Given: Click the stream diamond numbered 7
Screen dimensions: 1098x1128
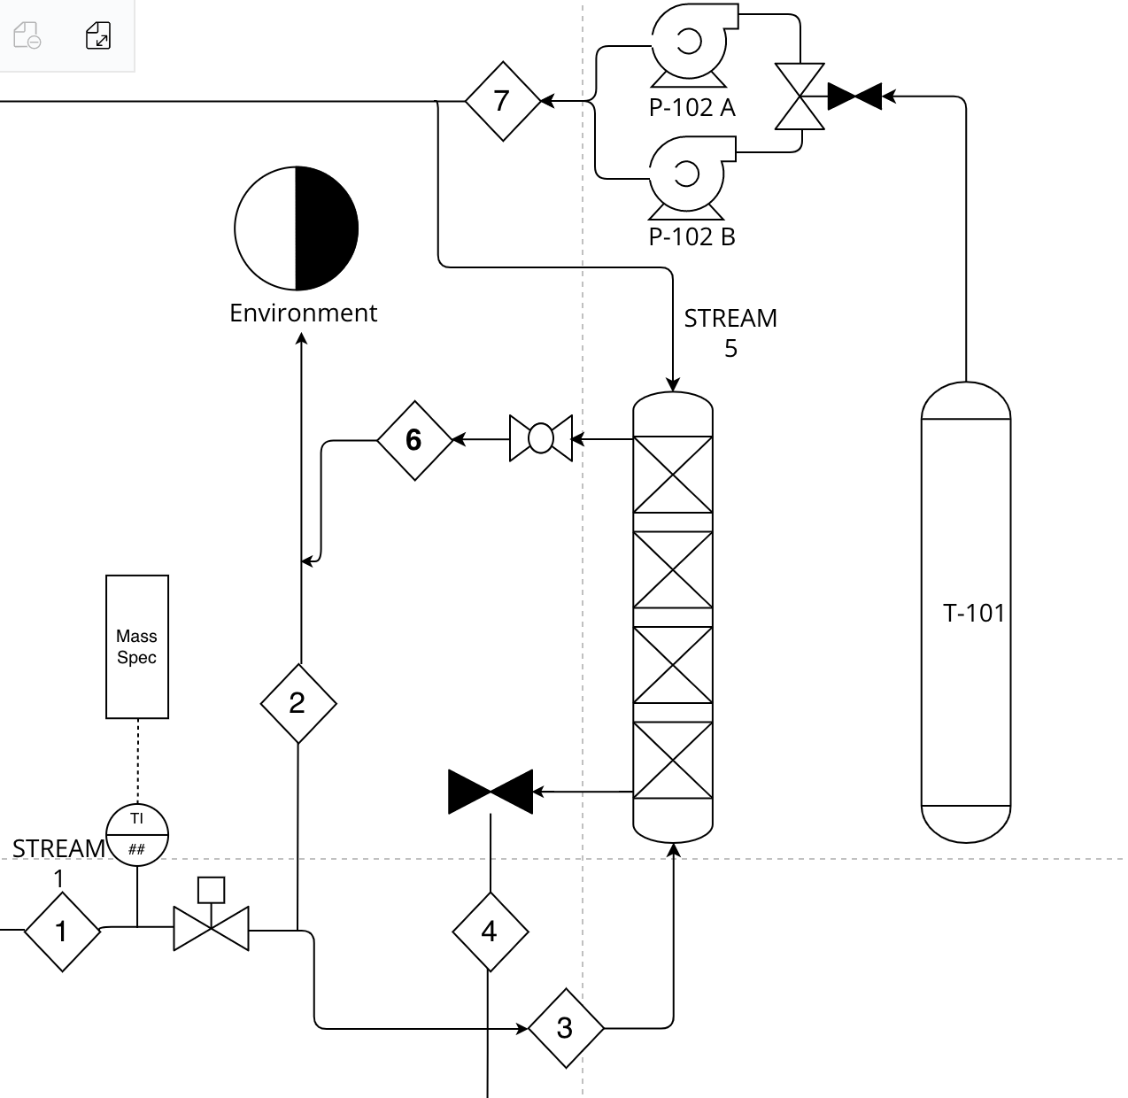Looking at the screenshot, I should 502,101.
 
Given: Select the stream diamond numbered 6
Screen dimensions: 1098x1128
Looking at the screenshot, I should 414,440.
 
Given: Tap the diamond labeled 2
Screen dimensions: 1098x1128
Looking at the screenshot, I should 298,703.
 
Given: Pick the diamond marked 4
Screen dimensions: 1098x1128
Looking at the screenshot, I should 490,932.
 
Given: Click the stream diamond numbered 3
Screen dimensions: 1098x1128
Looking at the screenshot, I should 566,1028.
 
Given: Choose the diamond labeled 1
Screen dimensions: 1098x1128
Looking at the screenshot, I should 62,932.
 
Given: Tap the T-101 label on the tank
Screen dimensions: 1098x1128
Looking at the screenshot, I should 974,613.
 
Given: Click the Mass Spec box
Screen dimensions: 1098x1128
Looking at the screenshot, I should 137,646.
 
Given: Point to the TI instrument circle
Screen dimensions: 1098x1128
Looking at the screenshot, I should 137,834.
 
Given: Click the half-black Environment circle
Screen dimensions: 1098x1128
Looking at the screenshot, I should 297,228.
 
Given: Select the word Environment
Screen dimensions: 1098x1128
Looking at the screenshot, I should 303,313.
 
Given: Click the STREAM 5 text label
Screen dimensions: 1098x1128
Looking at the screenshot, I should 730,332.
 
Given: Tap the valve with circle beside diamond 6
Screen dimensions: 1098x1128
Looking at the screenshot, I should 541,438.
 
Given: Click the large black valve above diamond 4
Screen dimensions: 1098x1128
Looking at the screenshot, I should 491,792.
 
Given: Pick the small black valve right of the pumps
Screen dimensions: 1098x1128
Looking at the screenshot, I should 854,97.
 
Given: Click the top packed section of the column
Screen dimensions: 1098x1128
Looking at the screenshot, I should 673,475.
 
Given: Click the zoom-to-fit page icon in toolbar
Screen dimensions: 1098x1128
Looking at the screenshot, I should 98,36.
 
